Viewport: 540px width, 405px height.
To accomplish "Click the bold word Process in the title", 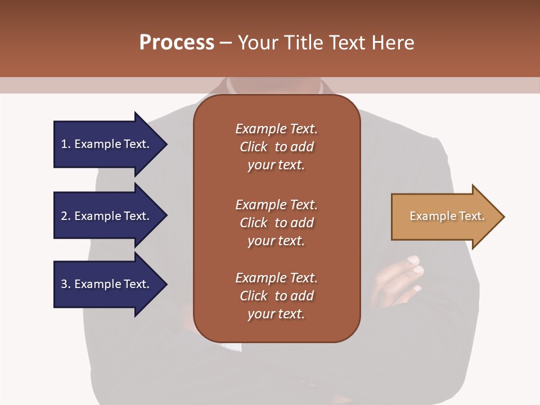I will [x=177, y=43].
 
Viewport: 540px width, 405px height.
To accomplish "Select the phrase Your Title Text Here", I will [x=326, y=43].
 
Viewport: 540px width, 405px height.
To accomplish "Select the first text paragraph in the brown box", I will [x=276, y=147].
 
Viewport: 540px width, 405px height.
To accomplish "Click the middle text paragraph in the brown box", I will [x=276, y=222].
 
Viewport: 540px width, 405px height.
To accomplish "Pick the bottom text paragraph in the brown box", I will [x=276, y=296].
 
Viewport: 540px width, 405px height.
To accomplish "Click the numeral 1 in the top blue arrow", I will [x=64, y=144].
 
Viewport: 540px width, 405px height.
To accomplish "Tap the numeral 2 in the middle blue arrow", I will [x=64, y=216].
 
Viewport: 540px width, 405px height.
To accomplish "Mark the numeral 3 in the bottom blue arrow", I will [x=64, y=284].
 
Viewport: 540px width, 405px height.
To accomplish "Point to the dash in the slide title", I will [x=226, y=43].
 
